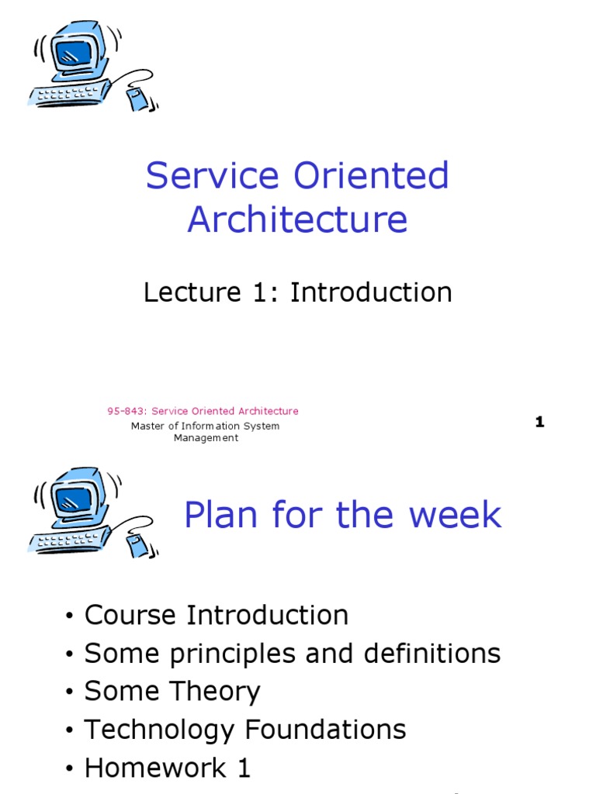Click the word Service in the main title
[x=213, y=175]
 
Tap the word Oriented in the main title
[x=372, y=175]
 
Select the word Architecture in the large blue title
[x=297, y=219]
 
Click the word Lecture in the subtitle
[x=192, y=292]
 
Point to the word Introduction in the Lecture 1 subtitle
[x=371, y=292]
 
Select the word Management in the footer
[x=206, y=438]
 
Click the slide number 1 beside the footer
[x=540, y=422]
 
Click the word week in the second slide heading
[x=455, y=515]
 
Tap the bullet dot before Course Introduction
[x=69, y=616]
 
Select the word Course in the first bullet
[x=130, y=615]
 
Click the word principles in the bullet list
[x=233, y=654]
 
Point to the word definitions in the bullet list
[x=432, y=653]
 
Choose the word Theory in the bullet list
[x=215, y=692]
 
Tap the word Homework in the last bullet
[x=155, y=767]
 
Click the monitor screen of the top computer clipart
[x=74, y=52]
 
